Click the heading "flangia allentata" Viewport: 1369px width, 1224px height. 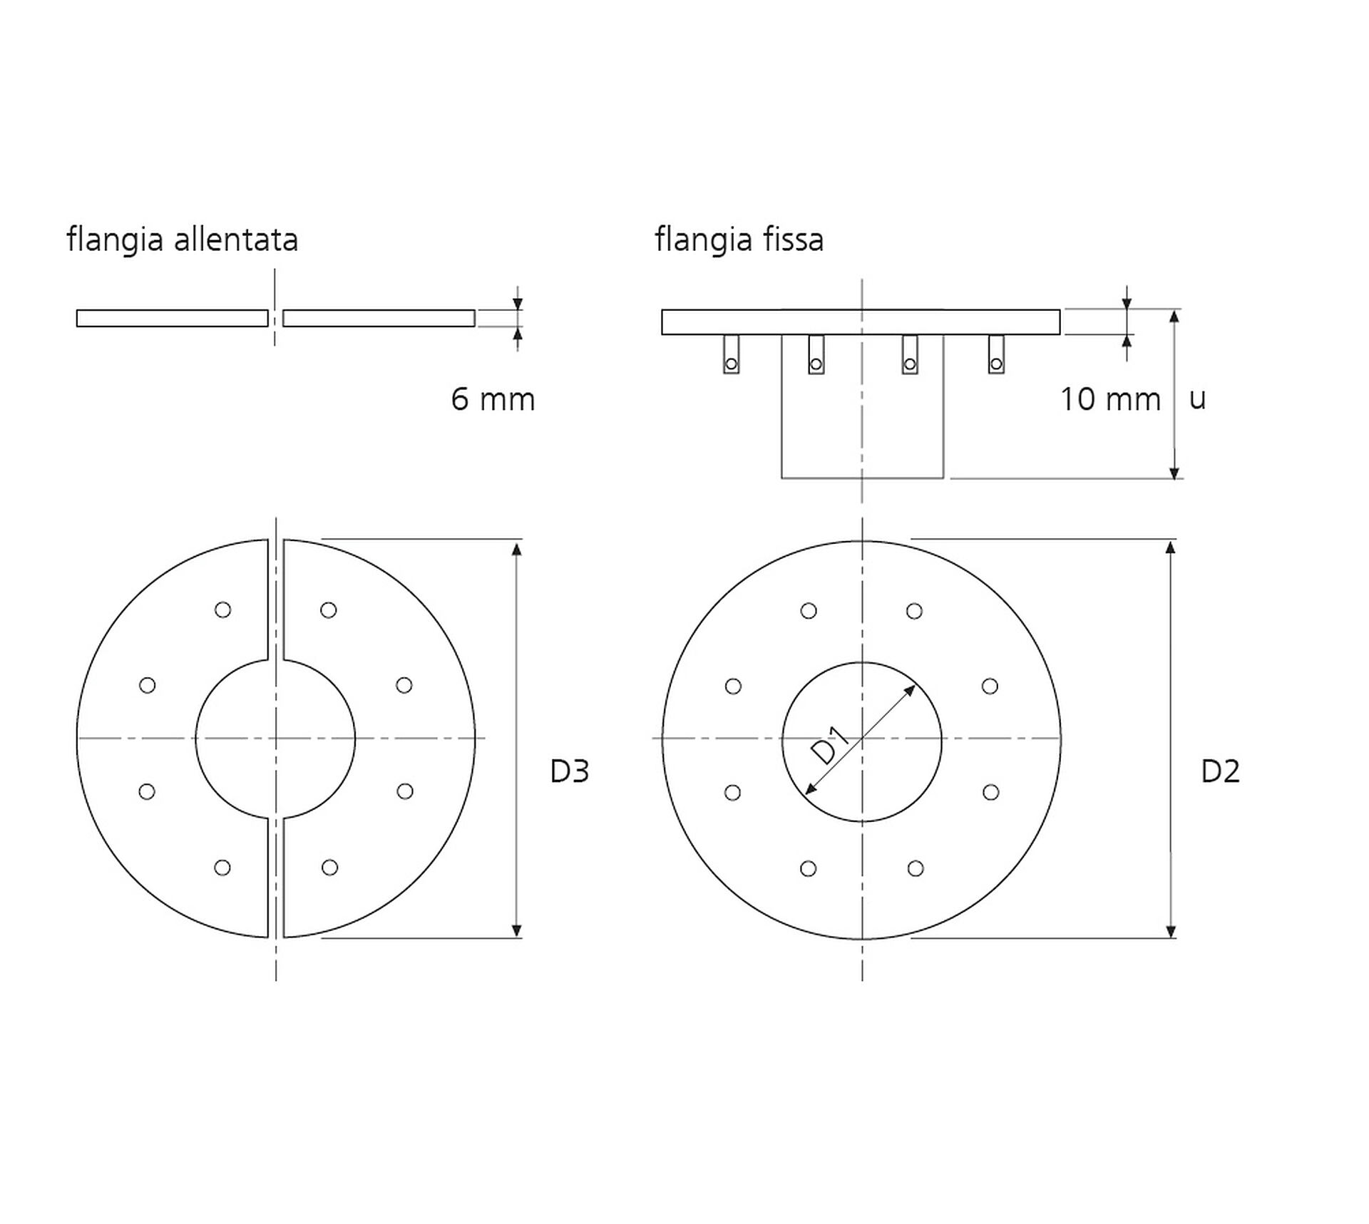[183, 240]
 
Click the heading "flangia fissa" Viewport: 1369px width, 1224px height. [739, 240]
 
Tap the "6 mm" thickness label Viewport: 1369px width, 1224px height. [493, 399]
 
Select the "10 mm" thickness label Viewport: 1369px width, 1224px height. [1110, 399]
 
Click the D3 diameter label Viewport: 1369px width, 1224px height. [570, 771]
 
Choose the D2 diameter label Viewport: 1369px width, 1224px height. [1221, 771]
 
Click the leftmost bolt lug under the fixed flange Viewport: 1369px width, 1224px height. [731, 354]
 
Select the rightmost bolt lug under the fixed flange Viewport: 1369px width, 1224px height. [996, 354]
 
